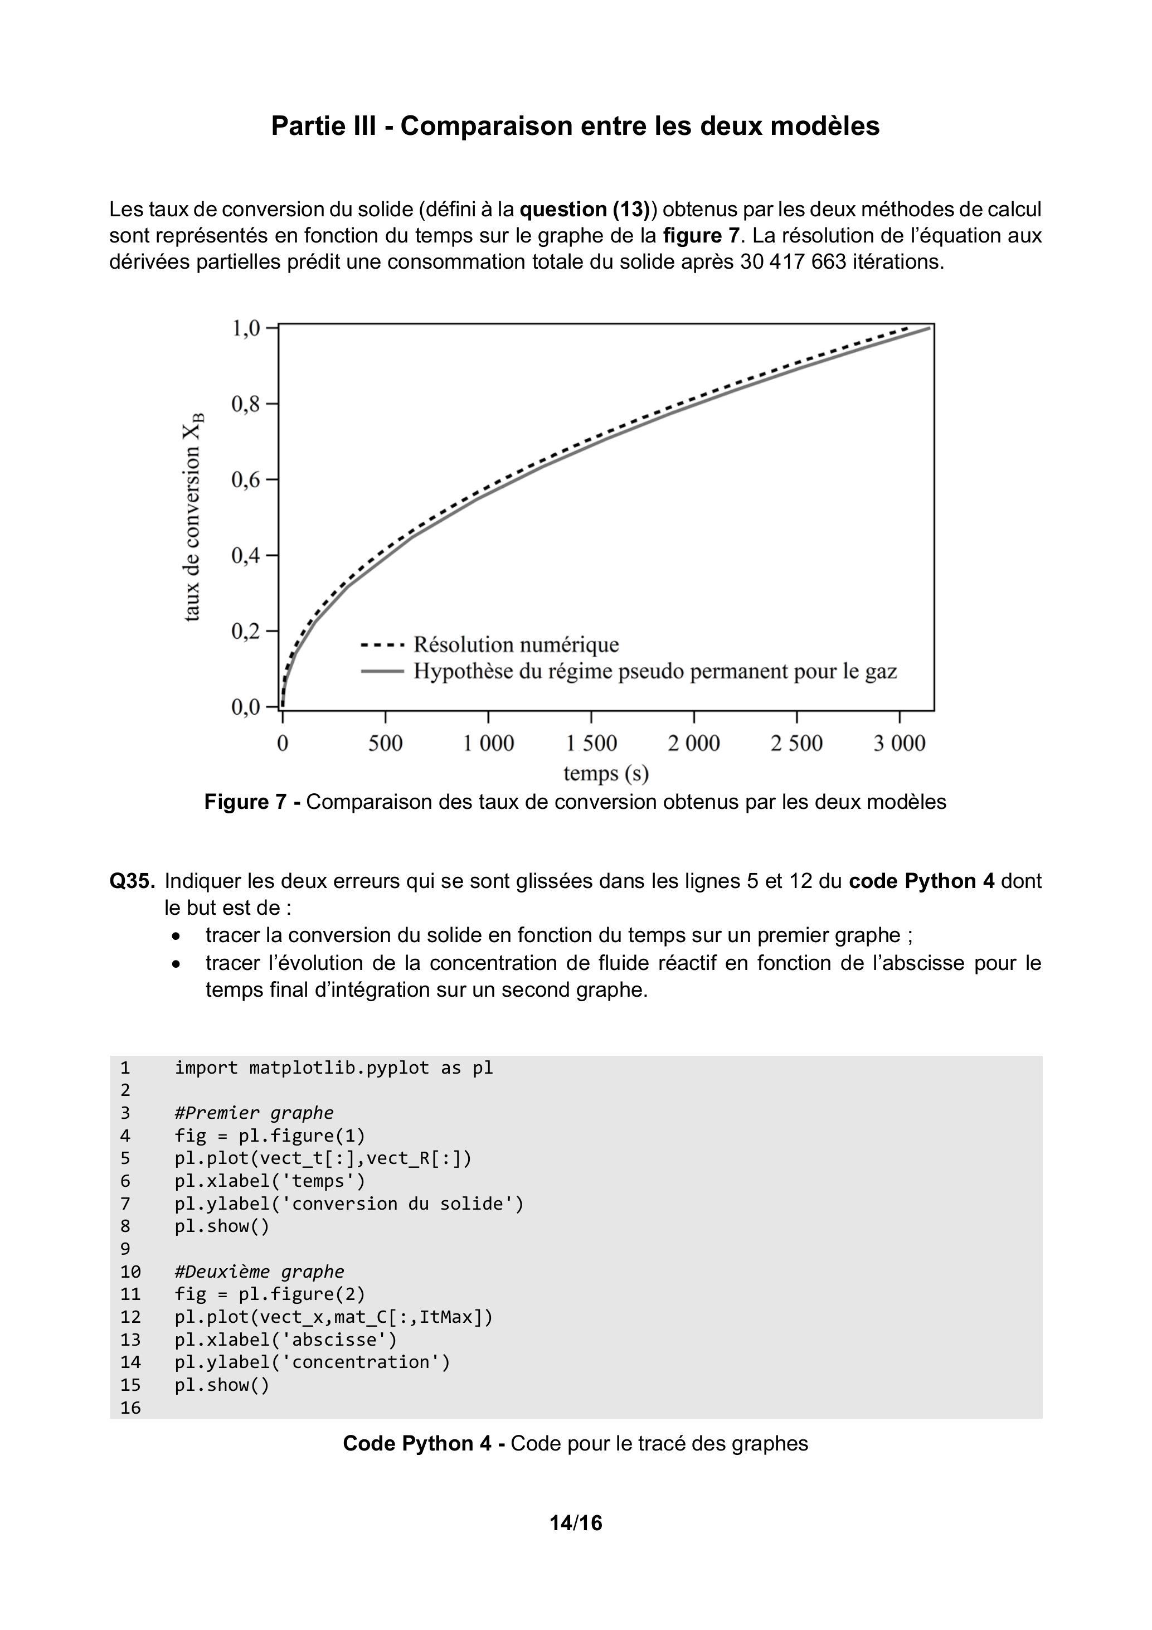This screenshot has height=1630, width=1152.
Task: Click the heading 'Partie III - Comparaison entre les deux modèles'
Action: [575, 127]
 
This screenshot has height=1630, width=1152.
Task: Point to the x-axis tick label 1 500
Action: [591, 743]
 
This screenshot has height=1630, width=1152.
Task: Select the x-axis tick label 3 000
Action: [900, 743]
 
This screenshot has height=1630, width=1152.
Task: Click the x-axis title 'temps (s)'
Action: [606, 773]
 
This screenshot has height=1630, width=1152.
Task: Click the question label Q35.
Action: [132, 881]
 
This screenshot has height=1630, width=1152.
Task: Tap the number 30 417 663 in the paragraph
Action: [793, 262]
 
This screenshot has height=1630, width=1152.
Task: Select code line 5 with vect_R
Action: [323, 1158]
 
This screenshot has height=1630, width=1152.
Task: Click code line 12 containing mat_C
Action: [334, 1317]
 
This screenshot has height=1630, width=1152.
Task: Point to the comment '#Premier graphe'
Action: [254, 1113]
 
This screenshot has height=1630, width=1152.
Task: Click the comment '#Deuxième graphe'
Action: [259, 1272]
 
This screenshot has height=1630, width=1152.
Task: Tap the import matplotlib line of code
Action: [334, 1068]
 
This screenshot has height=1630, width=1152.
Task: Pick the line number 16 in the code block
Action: [130, 1408]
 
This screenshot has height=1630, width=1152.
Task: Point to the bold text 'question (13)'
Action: [584, 210]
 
